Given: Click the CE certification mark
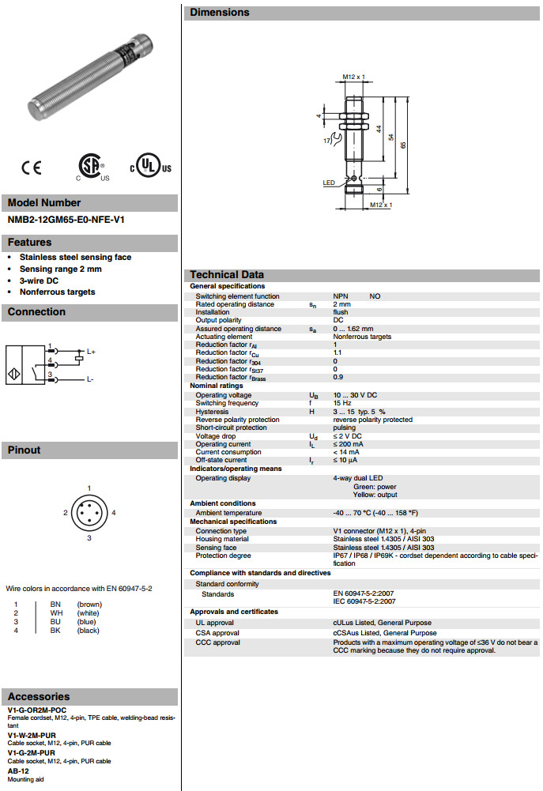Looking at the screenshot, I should point(32,168).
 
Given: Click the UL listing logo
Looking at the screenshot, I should point(151,167).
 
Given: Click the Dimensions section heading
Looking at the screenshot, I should point(220,13).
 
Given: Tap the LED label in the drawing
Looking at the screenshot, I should point(329,183).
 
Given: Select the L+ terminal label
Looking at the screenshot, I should point(91,351).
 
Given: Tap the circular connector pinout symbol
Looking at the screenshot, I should point(89,513).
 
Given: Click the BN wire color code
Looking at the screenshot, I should point(55,605).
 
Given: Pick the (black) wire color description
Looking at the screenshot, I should point(89,631).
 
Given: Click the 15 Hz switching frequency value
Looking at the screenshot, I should point(342,404).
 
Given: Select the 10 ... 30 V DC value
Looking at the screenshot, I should point(355,395).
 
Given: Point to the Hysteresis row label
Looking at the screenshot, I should point(212,412).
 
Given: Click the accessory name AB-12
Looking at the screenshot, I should point(18,770).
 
